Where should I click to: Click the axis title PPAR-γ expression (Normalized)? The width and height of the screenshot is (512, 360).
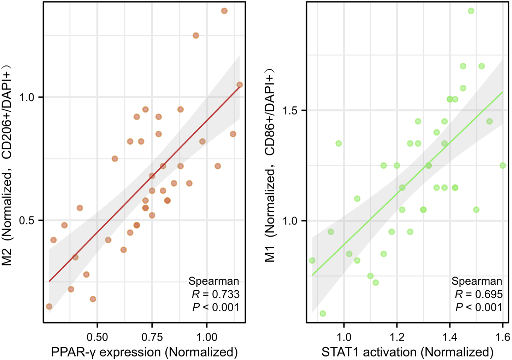click(144, 352)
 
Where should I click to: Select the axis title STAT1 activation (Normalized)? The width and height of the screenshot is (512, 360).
click(407, 352)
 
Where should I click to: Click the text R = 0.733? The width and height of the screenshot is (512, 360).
click(216, 294)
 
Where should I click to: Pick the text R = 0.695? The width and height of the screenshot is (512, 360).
click(478, 294)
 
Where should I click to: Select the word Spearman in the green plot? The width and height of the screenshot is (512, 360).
click(477, 281)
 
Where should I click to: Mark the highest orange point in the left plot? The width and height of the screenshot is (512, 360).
click(224, 11)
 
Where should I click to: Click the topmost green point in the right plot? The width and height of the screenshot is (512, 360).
click(471, 11)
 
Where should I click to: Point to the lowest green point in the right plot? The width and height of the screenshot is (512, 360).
click(323, 313)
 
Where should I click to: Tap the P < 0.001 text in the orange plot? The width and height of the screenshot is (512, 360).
click(216, 307)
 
